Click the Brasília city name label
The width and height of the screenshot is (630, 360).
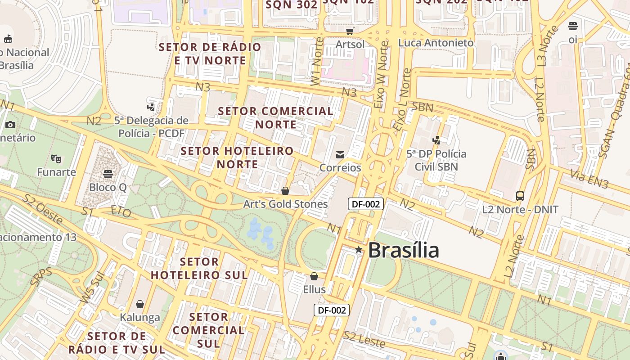403,250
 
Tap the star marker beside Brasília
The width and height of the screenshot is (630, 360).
359,249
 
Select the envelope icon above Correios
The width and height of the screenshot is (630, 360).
340,155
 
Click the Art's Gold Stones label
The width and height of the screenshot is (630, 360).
285,204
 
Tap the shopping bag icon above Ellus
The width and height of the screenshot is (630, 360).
314,276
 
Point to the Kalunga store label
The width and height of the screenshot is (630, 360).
140,317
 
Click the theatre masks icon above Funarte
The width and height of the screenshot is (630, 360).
56,158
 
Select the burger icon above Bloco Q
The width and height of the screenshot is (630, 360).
108,174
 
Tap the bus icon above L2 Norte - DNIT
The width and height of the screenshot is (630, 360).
520,196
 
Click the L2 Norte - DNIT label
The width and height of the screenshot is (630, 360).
520,209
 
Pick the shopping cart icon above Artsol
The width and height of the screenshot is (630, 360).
350,31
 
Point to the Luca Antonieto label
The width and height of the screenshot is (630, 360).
436,43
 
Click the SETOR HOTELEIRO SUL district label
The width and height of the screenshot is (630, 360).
199,268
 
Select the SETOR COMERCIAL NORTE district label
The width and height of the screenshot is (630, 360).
276,117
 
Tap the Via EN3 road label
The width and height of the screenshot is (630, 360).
589,179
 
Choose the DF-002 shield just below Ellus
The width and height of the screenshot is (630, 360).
332,310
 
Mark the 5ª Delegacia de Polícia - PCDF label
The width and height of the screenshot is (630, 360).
151,127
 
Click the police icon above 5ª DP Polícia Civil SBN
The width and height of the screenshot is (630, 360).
436,140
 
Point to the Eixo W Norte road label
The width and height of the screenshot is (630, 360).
381,75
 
